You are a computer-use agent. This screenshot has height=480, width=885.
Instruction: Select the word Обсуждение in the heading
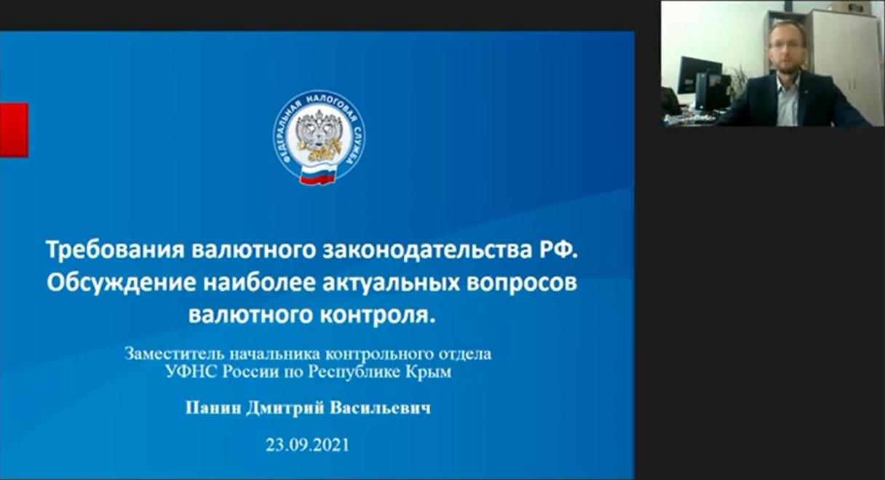coord(122,284)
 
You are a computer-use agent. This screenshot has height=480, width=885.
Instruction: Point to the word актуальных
coord(391,283)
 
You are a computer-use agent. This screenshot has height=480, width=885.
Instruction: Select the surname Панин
coord(213,408)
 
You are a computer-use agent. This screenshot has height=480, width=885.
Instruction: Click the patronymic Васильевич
coord(380,408)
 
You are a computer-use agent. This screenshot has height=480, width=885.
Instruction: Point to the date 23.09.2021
coord(307,445)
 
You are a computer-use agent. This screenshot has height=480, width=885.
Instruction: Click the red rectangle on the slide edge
coord(14,130)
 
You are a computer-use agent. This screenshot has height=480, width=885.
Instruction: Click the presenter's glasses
coord(787,45)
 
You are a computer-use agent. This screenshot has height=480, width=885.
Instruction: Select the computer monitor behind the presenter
coord(700,75)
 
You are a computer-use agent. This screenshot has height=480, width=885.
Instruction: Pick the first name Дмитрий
coord(285,408)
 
